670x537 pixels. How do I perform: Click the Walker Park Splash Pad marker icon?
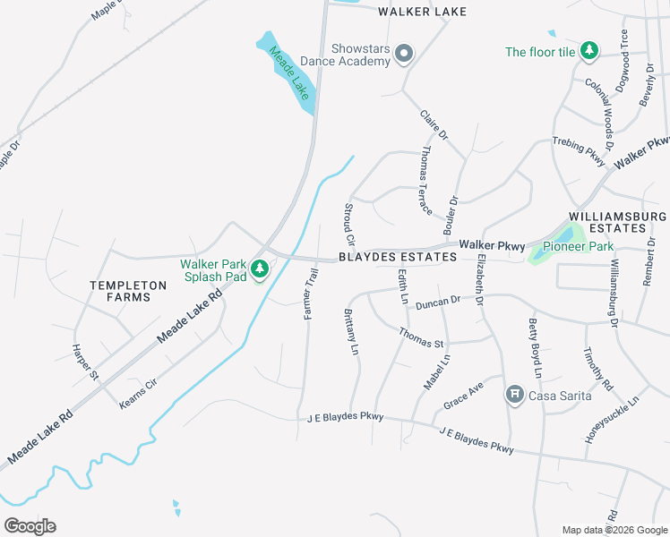(260, 268)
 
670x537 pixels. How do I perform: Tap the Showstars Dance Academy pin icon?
(404, 55)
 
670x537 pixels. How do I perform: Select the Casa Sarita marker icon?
(515, 395)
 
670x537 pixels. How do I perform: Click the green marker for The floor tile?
(588, 51)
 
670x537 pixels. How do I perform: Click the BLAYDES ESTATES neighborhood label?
(398, 258)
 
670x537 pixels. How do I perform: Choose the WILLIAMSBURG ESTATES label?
(618, 223)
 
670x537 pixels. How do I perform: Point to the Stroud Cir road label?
(349, 226)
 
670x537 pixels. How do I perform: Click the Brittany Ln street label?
(351, 331)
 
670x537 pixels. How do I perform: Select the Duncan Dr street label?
(437, 303)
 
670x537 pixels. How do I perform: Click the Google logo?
(30, 526)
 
